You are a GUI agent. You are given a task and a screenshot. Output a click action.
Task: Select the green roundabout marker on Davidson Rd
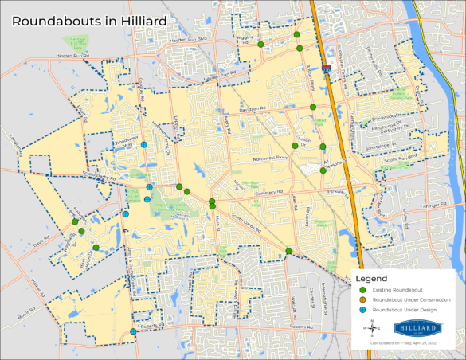tap(313, 107)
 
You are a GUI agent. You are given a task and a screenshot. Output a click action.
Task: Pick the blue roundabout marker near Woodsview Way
tap(144, 145)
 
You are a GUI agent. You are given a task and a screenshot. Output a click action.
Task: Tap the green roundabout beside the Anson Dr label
tap(295, 145)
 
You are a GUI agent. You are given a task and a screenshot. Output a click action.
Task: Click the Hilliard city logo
tap(417, 327)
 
